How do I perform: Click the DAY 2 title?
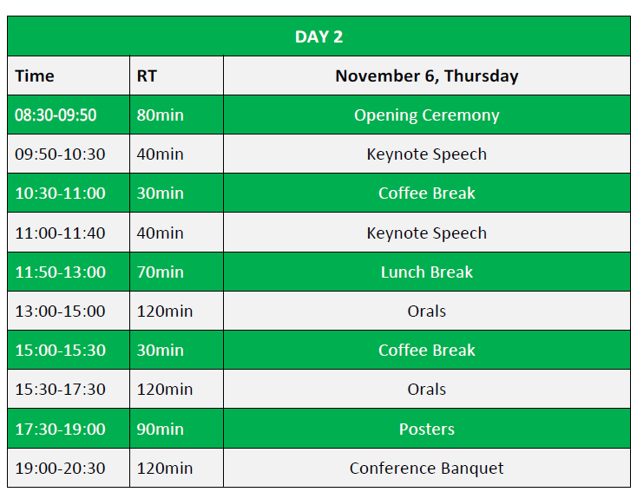point(318,37)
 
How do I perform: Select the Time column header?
point(35,76)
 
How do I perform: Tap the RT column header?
point(147,76)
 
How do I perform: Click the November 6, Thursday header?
point(427,76)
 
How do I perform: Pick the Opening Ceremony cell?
point(427,115)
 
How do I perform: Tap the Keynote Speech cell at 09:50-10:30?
point(427,154)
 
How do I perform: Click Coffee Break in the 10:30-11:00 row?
point(427,194)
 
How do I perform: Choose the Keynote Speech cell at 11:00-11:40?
point(427,233)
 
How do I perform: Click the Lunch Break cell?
point(427,272)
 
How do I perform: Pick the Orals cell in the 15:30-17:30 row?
point(427,390)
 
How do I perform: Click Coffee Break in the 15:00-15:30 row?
point(427,351)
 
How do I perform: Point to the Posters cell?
point(427,429)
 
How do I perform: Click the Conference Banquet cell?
point(427,468)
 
